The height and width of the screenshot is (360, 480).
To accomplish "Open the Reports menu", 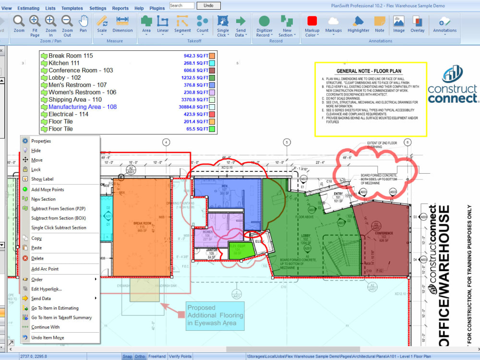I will (x=120, y=8).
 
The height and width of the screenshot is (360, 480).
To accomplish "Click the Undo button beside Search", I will (x=208, y=6).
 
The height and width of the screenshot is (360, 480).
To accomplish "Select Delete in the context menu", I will (x=37, y=258).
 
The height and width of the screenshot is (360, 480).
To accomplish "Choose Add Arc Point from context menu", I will (x=45, y=269).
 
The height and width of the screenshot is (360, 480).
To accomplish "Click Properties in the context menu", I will (x=41, y=141).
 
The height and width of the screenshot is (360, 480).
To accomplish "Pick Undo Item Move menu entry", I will (x=48, y=337).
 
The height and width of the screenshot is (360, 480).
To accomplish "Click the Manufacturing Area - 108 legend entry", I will (x=82, y=107).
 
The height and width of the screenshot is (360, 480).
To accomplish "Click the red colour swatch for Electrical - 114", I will (x=212, y=114).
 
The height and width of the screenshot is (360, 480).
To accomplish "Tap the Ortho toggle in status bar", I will (x=140, y=357).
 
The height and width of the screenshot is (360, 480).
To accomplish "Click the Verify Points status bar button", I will (x=180, y=357).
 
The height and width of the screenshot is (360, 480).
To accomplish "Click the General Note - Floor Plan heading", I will (x=370, y=71).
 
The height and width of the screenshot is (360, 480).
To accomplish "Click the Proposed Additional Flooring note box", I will (x=215, y=315).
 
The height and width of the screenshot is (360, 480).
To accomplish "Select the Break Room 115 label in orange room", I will (x=142, y=225).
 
